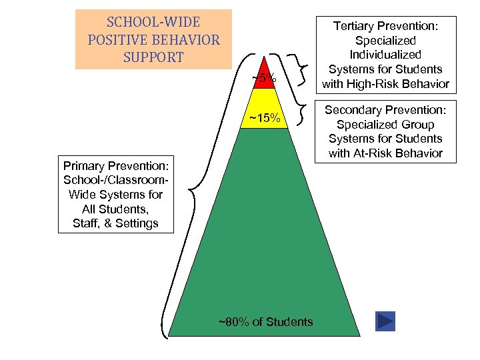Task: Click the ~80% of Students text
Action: point(265,322)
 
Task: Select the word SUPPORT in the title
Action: point(153,57)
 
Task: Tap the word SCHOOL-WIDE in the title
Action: point(153,22)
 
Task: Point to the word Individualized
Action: point(386,55)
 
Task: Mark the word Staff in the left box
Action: point(87,223)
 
